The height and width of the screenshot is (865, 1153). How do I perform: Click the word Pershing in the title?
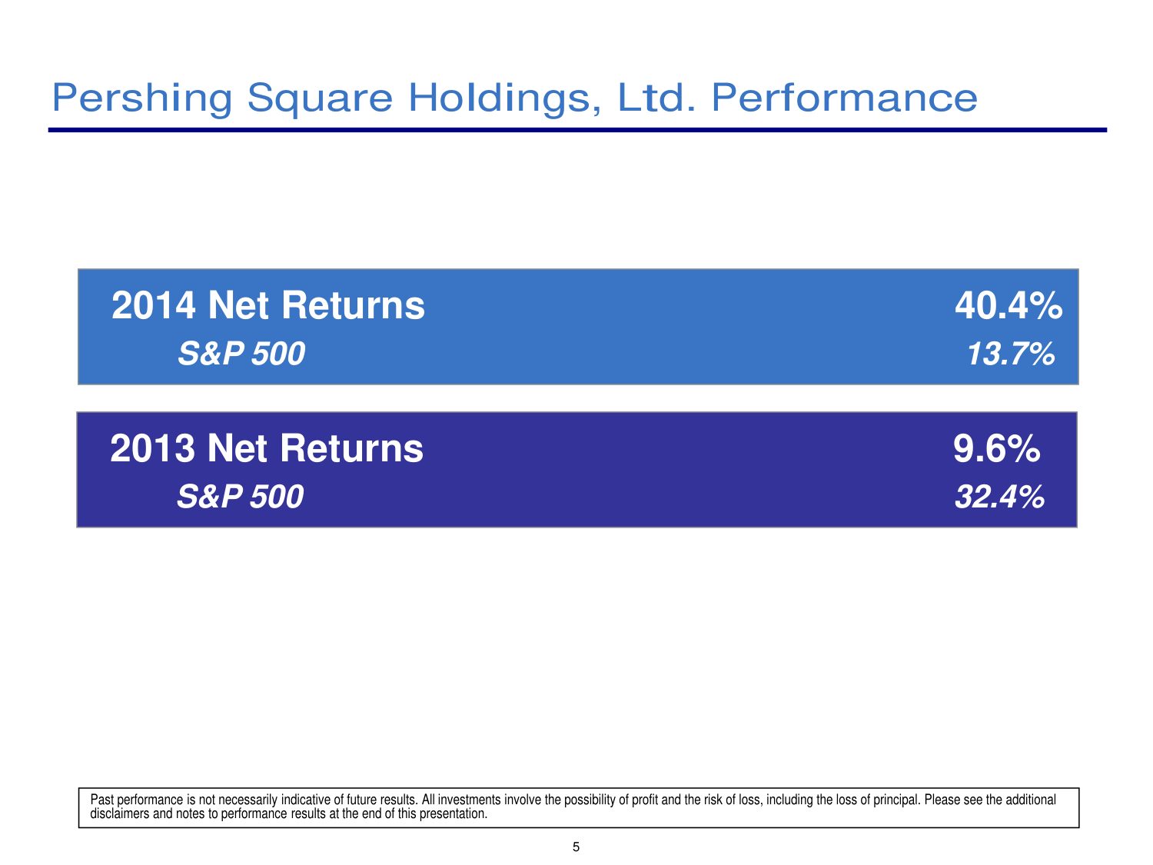142,98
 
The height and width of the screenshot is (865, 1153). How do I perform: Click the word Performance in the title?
844,98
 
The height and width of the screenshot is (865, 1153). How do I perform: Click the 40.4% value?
1008,306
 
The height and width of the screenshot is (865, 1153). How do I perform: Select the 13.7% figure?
1011,354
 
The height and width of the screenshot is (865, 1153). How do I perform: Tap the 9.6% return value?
996,448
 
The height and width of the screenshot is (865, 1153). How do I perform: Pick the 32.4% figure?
999,497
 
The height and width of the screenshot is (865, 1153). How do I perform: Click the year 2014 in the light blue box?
154,306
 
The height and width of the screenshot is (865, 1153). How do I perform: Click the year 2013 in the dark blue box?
152,448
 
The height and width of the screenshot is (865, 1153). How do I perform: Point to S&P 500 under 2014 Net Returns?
241,354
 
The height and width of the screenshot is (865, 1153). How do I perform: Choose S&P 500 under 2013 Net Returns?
240,497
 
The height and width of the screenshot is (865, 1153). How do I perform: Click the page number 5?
576,847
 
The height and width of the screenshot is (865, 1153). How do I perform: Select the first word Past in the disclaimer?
102,800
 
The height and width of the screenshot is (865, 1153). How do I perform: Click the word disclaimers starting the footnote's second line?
120,813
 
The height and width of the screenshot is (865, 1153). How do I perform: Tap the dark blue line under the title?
577,130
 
